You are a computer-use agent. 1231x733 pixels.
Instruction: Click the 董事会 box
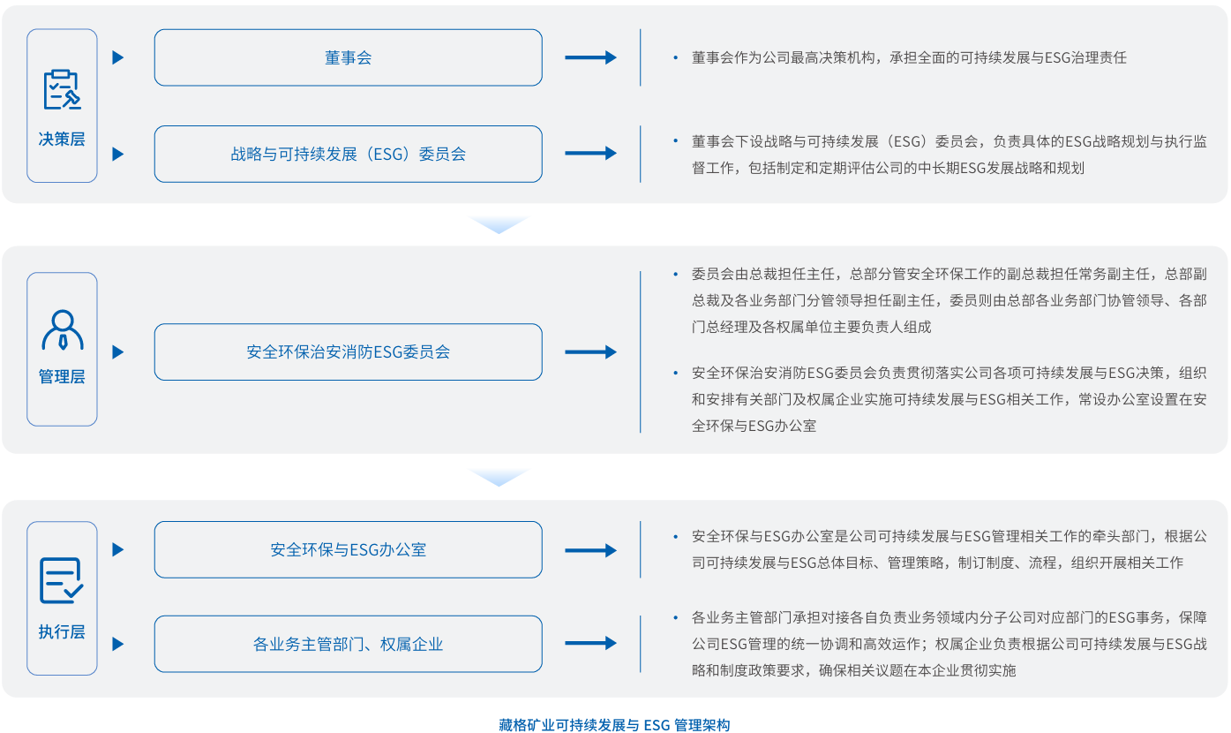click(x=348, y=57)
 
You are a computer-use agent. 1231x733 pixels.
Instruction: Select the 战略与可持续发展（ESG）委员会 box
click(x=348, y=154)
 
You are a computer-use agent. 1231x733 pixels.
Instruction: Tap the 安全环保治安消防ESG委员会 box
click(x=348, y=351)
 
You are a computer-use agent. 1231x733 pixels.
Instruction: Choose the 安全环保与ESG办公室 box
click(x=348, y=549)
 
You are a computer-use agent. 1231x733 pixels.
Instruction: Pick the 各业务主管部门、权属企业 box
click(x=348, y=644)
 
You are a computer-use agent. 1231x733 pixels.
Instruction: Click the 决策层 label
click(x=62, y=140)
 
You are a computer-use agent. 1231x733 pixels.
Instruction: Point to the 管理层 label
click(x=62, y=377)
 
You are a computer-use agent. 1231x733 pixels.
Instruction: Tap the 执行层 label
click(x=62, y=632)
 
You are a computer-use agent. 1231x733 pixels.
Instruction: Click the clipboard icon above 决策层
click(x=62, y=89)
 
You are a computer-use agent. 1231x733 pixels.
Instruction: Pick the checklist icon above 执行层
click(x=62, y=580)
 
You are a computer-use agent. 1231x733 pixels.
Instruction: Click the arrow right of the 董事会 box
click(x=590, y=57)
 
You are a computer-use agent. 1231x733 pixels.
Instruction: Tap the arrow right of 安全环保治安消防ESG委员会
click(x=590, y=351)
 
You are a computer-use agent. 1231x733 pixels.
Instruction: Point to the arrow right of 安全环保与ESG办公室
click(x=590, y=549)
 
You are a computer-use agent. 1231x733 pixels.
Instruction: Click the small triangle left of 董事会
click(x=118, y=57)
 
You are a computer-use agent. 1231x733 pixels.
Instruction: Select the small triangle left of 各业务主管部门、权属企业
click(x=118, y=644)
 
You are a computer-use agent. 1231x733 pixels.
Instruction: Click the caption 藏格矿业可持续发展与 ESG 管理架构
click(x=614, y=725)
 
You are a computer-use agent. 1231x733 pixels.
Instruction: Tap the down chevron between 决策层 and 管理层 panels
click(x=499, y=224)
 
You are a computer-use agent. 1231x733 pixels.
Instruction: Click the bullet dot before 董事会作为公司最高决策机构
click(x=675, y=57)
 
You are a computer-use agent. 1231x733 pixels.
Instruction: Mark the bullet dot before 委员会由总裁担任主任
click(x=675, y=274)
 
